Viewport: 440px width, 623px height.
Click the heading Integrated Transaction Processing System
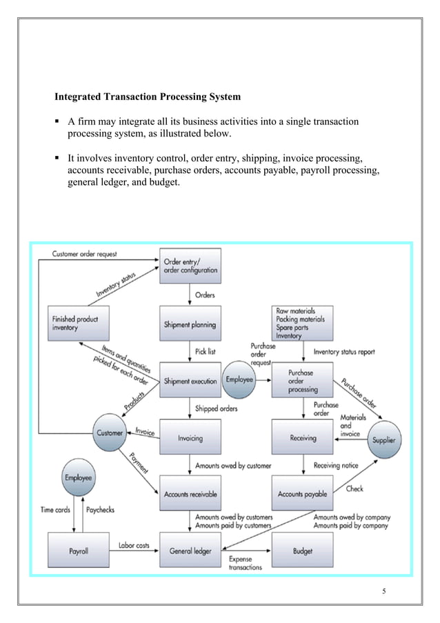click(148, 97)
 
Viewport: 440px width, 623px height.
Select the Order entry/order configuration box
click(190, 266)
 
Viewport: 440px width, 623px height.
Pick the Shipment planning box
click(190, 324)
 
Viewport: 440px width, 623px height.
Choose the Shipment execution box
click(190, 381)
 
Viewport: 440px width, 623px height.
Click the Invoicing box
click(190, 437)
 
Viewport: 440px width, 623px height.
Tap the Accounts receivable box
click(190, 494)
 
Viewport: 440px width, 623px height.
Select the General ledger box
click(190, 551)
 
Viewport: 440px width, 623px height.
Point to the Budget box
click(302, 551)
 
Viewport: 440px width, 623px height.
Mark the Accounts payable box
click(302, 494)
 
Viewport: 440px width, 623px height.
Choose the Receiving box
click(302, 437)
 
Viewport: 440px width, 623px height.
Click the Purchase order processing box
click(302, 381)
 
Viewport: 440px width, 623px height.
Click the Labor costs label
click(134, 545)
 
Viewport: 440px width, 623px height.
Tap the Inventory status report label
click(344, 352)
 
